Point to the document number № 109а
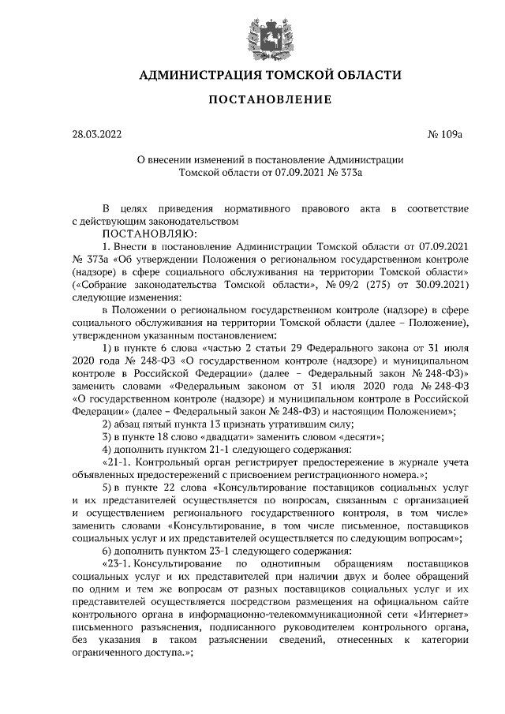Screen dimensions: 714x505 (x=444, y=135)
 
